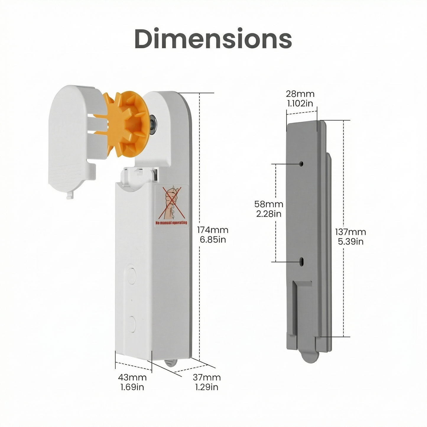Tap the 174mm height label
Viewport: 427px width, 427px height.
click(212, 230)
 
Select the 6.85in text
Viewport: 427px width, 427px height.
click(212, 239)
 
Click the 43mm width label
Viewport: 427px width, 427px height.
click(132, 377)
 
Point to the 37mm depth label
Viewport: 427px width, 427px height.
click(207, 377)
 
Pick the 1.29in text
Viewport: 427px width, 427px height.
click(207, 387)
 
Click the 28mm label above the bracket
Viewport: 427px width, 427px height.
click(300, 94)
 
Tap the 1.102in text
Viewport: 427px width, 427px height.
click(300, 103)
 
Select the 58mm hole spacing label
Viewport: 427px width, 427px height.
click(269, 204)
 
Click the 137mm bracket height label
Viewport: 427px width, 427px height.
click(350, 232)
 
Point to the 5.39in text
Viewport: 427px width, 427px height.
click(350, 241)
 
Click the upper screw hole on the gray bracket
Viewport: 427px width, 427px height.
click(302, 163)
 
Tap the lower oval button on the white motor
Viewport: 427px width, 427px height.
click(131, 323)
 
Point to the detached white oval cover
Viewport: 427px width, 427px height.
click(71, 139)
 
